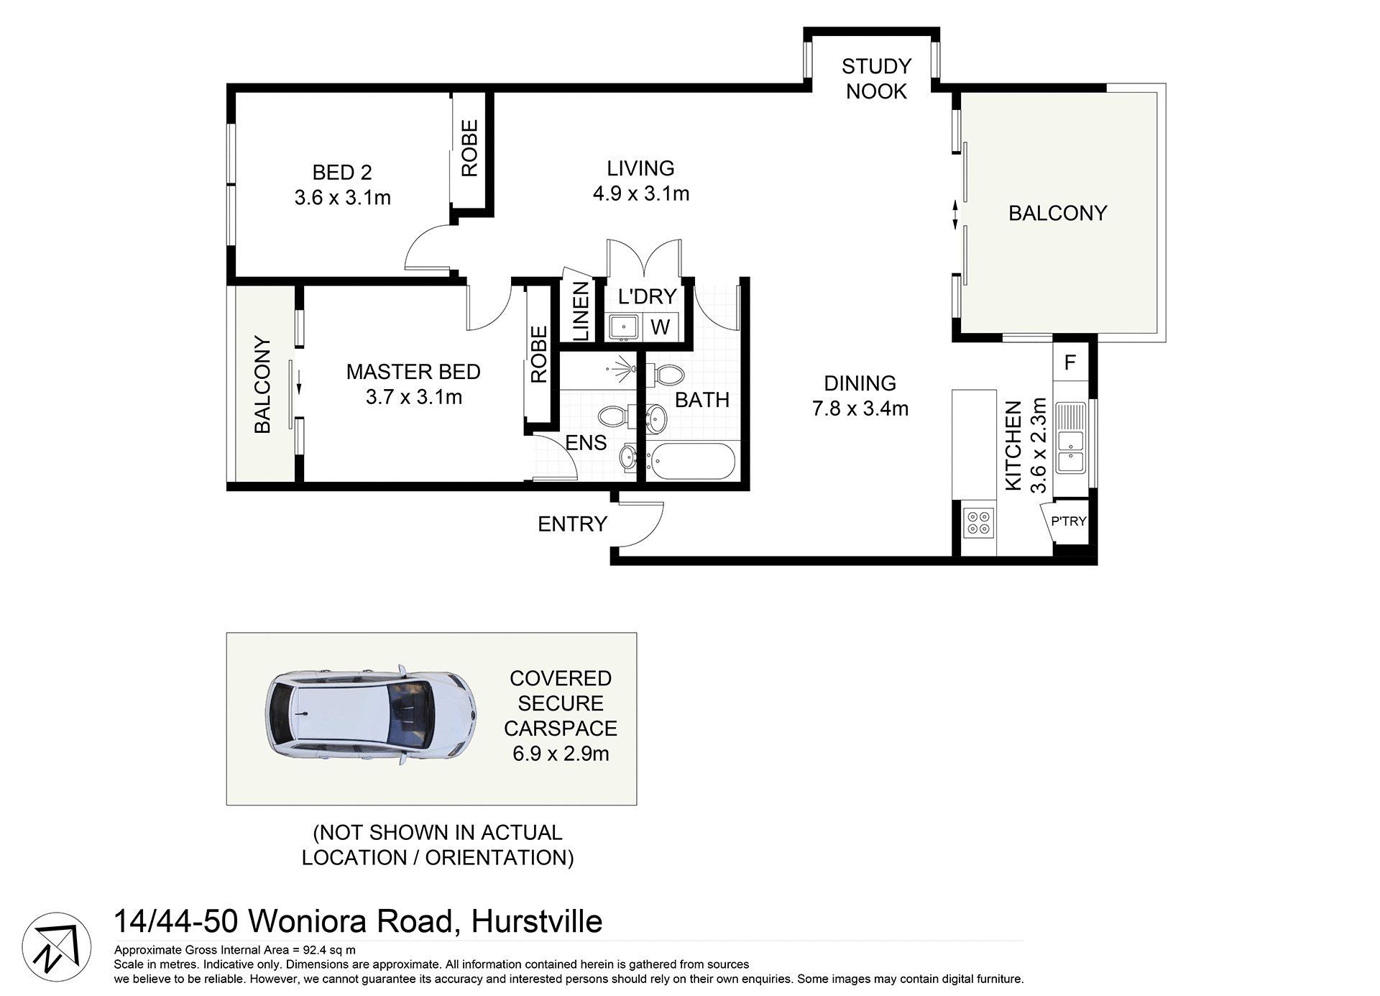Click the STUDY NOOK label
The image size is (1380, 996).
coord(876,79)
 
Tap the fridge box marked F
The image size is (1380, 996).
coord(1069,362)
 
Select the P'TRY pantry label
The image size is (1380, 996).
coord(1068,521)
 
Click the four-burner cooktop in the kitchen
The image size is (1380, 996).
coord(978,522)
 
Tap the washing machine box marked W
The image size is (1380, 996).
coord(660,327)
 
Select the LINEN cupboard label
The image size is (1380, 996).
coord(581,311)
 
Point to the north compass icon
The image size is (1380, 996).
coord(56,946)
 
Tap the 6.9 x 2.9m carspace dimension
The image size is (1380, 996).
coord(561,754)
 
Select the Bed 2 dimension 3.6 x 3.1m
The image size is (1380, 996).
coord(342,198)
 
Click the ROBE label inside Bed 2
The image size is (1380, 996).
coord(469,148)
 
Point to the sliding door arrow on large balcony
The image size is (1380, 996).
coord(954,214)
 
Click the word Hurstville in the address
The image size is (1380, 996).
coord(536,921)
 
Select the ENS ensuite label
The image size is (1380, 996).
coord(586,443)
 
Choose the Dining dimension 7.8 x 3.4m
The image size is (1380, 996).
coord(860,408)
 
